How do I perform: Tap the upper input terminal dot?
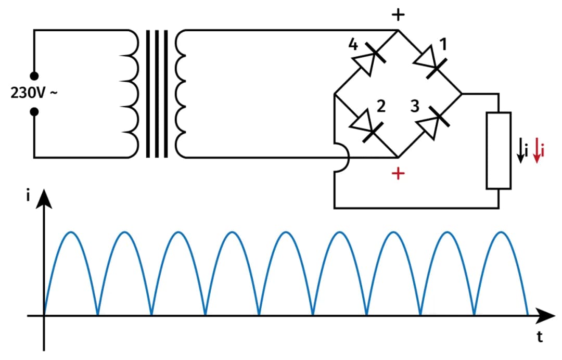34,76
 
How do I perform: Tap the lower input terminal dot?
34,111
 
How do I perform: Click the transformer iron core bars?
157,94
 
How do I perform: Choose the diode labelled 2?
366,125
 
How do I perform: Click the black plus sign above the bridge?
398,15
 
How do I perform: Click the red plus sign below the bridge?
398,173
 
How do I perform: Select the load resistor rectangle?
499,150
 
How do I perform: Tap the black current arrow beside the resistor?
520,151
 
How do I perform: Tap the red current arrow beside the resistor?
538,151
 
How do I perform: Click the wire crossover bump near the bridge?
340,157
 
